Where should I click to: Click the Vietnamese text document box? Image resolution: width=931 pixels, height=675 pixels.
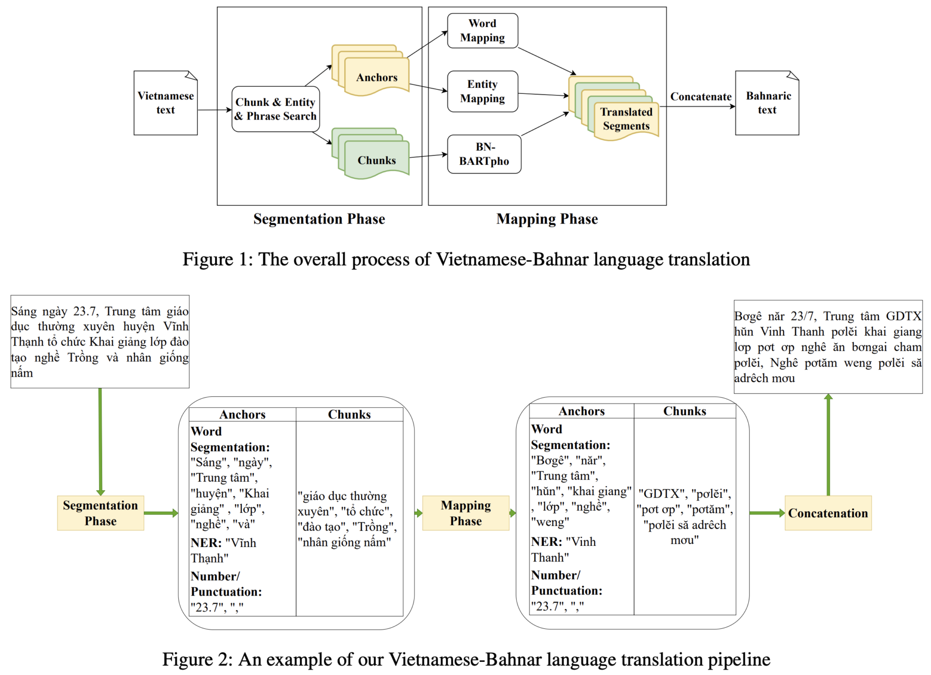[165, 103]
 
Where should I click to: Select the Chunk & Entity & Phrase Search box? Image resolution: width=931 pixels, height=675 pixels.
[275, 109]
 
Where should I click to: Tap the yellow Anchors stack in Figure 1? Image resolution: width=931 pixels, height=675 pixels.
[370, 70]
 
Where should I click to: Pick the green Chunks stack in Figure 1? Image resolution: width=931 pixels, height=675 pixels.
[370, 153]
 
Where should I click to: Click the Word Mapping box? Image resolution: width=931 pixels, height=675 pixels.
[482, 31]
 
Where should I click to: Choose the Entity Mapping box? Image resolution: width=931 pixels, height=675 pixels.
[482, 91]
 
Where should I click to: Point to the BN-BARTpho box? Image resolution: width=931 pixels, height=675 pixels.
[484, 154]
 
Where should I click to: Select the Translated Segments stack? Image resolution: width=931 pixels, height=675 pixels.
[613, 108]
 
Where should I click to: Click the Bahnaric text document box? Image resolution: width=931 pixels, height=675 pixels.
[767, 103]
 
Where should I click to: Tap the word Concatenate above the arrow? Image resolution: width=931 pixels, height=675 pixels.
[701, 96]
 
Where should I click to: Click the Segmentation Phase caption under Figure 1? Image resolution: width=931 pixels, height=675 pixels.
[319, 219]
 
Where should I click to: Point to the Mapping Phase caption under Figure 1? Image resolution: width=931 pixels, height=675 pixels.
[547, 219]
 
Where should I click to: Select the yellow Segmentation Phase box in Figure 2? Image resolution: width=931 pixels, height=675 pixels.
[100, 513]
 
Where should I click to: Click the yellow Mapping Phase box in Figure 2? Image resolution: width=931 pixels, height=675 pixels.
[466, 513]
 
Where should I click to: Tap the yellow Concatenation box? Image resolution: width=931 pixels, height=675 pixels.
[828, 513]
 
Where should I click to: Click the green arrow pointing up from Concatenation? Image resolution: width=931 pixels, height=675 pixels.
[828, 444]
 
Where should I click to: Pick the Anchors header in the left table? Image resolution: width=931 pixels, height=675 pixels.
[242, 414]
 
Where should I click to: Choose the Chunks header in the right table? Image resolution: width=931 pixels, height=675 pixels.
[685, 411]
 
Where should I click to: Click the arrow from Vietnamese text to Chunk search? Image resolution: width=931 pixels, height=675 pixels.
[215, 110]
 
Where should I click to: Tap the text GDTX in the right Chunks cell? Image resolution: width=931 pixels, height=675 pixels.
[661, 494]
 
